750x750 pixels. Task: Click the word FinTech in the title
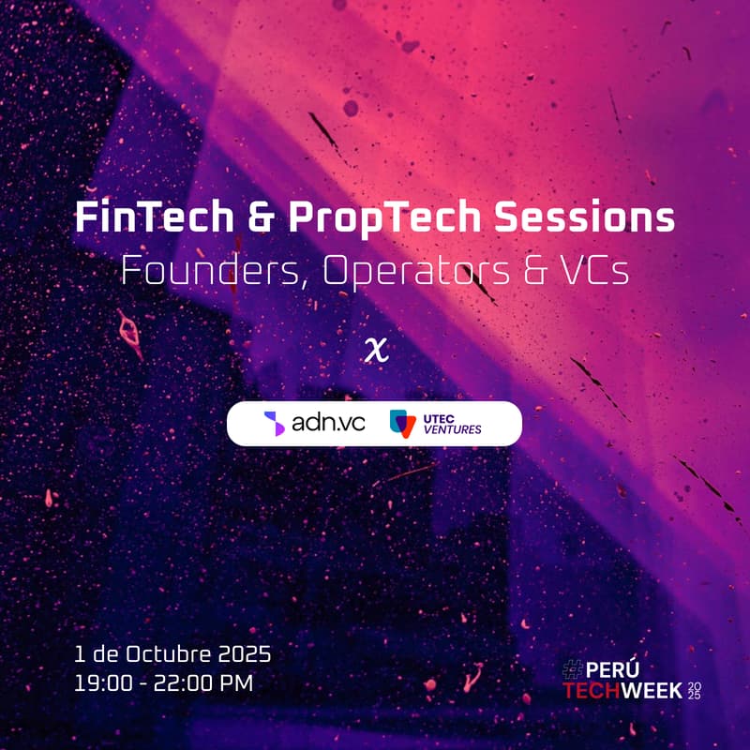click(155, 217)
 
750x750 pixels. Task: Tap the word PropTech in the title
click(384, 217)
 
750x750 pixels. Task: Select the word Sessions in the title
click(584, 217)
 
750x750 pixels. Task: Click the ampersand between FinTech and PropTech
click(262, 217)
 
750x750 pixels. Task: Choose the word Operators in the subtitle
click(416, 271)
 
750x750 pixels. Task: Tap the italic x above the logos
click(377, 350)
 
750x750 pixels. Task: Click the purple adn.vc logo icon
click(275, 424)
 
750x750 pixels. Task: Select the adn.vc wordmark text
click(329, 423)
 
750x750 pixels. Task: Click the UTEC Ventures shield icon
click(403, 424)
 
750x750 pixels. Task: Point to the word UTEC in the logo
click(439, 419)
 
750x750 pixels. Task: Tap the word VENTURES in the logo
click(453, 429)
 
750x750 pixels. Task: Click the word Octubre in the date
click(172, 653)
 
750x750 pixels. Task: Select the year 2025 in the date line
click(245, 654)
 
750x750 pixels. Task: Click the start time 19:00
click(103, 683)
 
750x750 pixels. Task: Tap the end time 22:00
click(184, 683)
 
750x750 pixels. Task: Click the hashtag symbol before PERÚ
click(573, 669)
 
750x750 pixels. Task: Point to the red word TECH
click(592, 691)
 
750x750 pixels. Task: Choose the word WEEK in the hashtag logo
click(652, 691)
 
